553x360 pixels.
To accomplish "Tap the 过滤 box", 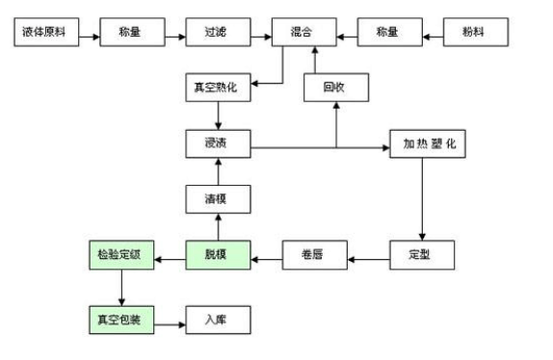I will tap(219, 34).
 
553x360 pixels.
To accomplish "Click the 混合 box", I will tap(304, 34).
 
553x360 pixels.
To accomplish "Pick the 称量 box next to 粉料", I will tap(390, 34).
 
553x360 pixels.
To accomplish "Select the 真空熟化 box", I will tap(217, 89).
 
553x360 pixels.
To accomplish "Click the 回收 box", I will tap(336, 89).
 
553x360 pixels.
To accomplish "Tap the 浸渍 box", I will tap(217, 145).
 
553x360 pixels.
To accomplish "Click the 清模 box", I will tap(217, 200).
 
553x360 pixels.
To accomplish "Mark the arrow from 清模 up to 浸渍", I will tap(217, 172).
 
